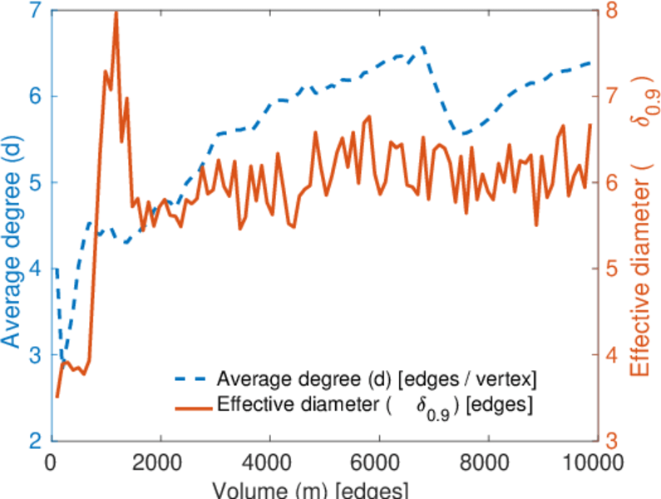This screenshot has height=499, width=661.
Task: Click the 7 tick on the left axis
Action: tap(38, 11)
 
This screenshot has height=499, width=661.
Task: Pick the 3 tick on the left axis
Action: tap(38, 355)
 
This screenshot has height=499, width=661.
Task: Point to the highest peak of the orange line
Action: tap(116, 12)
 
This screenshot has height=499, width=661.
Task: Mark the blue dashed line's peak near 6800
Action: tap(423, 47)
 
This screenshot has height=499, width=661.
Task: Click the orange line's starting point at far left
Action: tap(57, 397)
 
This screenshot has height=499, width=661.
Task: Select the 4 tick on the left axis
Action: tap(38, 269)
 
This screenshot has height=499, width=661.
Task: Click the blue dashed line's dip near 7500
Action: tap(464, 133)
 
